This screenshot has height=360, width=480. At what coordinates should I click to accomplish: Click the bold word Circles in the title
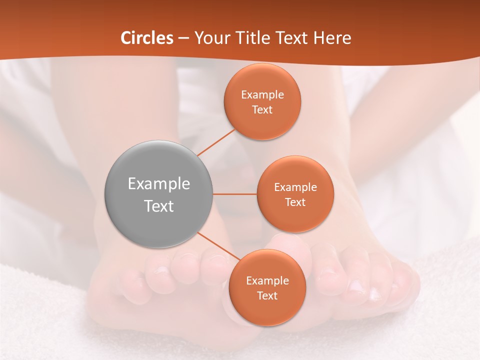[x=147, y=38]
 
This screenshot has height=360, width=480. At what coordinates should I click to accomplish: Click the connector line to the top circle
[x=216, y=142]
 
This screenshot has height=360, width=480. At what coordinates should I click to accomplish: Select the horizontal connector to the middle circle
[x=235, y=194]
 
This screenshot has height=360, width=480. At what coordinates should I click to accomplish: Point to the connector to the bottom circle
[x=218, y=247]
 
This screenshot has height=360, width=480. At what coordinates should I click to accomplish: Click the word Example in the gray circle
[x=159, y=183]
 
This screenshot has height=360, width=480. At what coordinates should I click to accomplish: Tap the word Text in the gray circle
[x=159, y=206]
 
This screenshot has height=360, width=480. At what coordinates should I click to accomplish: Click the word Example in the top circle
[x=262, y=95]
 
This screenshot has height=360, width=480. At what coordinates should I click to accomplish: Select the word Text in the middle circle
[x=295, y=202]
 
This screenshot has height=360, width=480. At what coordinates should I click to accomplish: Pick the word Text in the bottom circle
[x=267, y=295]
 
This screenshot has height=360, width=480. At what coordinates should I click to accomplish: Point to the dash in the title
[x=183, y=38]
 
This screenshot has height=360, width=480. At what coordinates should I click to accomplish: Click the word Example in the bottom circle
[x=267, y=280]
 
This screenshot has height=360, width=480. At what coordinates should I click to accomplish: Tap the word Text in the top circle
[x=262, y=109]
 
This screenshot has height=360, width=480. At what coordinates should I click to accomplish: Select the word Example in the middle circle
[x=295, y=187]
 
